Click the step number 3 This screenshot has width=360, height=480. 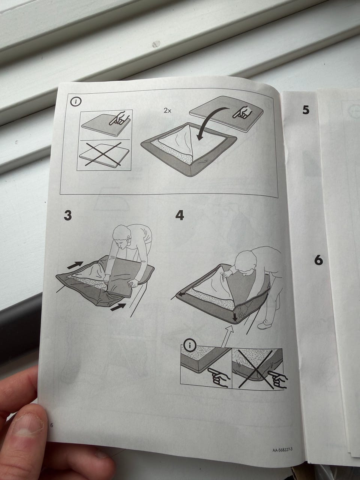68,215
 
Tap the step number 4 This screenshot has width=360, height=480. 180,215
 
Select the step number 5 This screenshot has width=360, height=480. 306,110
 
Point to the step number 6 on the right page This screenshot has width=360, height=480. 319,260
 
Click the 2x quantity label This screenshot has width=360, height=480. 168,111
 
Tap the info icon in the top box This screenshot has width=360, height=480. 76,102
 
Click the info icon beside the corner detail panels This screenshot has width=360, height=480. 190,346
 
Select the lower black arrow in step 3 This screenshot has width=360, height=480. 118,307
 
